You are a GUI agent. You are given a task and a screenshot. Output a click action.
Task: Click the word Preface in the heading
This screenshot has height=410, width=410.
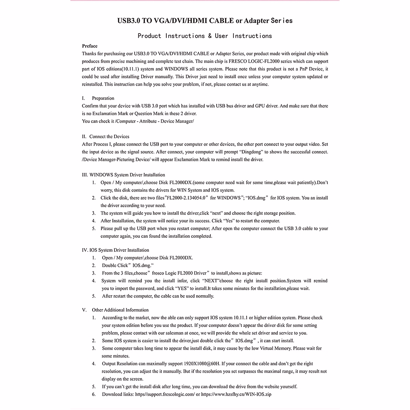pyautogui.click(x=90, y=46)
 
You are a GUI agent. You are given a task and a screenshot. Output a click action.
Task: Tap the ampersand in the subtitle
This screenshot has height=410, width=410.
pyautogui.click(x=209, y=36)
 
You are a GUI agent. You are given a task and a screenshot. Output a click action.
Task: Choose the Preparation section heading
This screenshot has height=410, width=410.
pyautogui.click(x=103, y=98)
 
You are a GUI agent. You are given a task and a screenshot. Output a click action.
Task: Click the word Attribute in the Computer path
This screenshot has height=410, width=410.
pyautogui.click(x=148, y=121)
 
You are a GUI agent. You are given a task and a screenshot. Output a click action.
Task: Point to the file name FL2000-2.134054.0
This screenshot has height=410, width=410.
pyautogui.click(x=186, y=198)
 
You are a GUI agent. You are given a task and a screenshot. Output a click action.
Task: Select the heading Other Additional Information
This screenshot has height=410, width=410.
pyautogui.click(x=120, y=310)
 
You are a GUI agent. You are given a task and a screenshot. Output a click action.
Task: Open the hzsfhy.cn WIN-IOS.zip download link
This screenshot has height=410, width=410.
pyautogui.click(x=236, y=394)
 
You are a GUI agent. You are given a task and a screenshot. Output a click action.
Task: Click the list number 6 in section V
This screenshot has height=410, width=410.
pyautogui.click(x=94, y=394)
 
